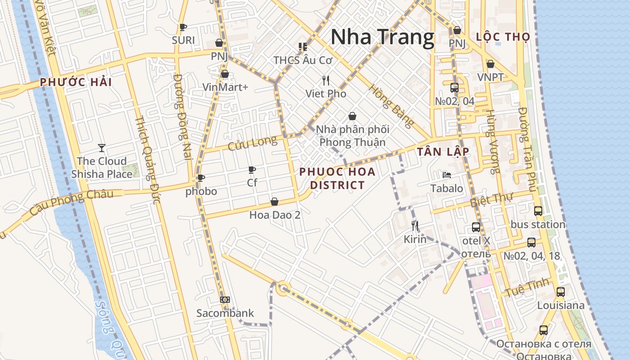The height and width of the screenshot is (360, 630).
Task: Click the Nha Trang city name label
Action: point(382,37)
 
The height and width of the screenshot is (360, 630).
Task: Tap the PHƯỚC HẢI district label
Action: point(76,82)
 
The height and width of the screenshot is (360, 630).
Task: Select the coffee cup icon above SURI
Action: point(183,27)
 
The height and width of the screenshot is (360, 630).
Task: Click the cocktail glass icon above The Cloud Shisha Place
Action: point(102,148)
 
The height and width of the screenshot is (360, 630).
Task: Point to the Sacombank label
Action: point(225,313)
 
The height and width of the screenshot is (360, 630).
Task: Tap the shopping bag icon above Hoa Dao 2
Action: point(274,202)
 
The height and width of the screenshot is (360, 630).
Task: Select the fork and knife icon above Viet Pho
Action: point(326,81)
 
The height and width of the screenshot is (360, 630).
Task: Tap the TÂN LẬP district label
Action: point(443,152)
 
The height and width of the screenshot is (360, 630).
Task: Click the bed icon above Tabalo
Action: point(446,175)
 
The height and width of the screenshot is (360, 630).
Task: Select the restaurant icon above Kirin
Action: point(415,225)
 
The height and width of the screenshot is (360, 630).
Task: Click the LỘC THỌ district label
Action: point(503,37)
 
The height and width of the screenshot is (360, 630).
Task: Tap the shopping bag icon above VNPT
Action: point(490,64)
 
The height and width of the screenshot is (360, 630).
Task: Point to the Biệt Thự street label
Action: point(491,200)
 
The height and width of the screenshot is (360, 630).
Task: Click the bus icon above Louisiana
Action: point(560,292)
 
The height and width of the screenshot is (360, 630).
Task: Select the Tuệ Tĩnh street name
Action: point(527,288)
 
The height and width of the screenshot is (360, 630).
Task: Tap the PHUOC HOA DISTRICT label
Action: point(337,178)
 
